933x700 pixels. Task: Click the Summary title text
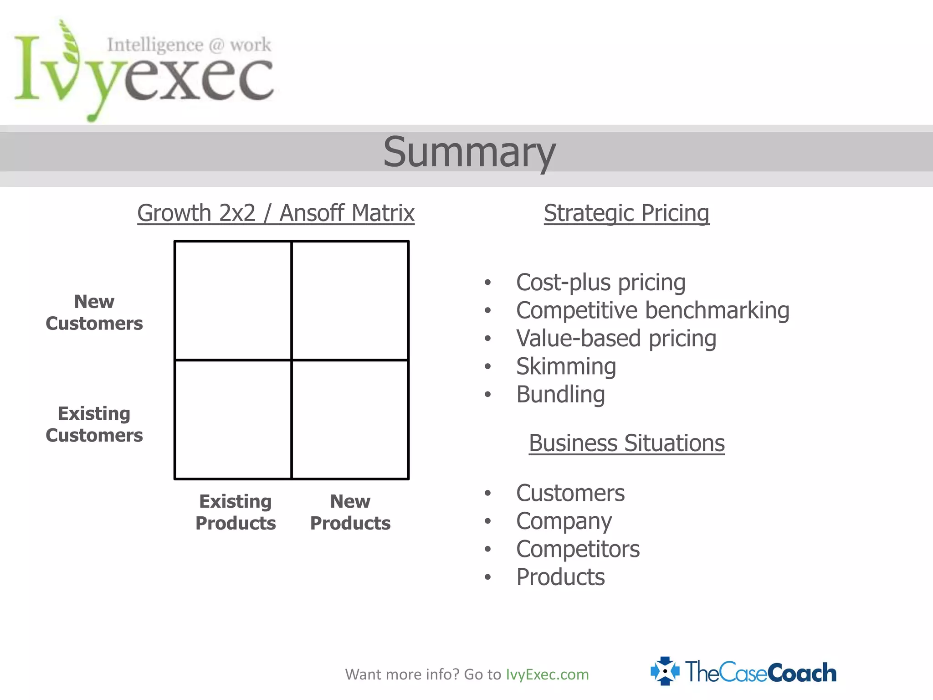[x=469, y=152]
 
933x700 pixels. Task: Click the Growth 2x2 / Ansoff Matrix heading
[x=276, y=213]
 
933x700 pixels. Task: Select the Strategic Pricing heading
[x=626, y=213]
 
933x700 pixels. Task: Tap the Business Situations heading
[x=626, y=443]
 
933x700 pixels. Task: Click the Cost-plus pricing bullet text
[x=600, y=282]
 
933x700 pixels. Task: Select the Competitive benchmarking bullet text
[x=652, y=310]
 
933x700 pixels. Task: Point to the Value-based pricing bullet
[x=616, y=339]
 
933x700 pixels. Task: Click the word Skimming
[x=566, y=366]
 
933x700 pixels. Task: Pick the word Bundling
[x=560, y=394]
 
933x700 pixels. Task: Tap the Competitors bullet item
[x=578, y=549]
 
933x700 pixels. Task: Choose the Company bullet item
[x=564, y=521]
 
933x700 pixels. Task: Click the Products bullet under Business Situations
[x=560, y=577]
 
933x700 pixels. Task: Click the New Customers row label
[x=94, y=312]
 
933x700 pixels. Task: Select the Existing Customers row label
[x=94, y=424]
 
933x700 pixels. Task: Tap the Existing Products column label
[x=236, y=512]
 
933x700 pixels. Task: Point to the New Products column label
[x=350, y=512]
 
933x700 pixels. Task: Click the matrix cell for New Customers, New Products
[x=350, y=301]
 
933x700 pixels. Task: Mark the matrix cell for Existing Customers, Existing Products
[x=233, y=419]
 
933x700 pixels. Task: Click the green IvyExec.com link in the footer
[x=547, y=674]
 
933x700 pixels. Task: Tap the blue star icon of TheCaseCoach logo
[x=665, y=671]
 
